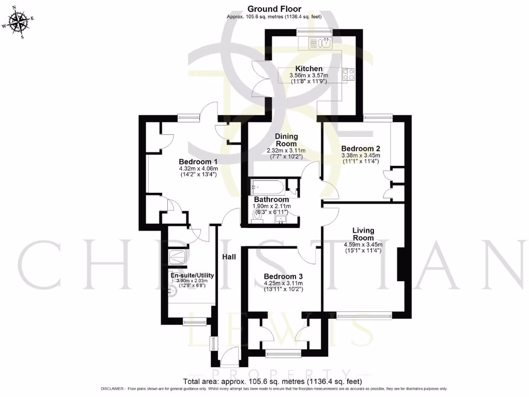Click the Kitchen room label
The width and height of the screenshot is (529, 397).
tap(309, 69)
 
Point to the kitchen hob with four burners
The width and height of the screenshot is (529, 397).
tap(348, 74)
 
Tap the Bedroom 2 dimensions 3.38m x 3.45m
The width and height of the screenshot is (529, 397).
tap(360, 155)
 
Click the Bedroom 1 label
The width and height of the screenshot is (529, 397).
tap(198, 161)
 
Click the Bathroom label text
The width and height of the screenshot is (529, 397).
tap(271, 200)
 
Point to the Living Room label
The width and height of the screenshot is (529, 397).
tap(363, 234)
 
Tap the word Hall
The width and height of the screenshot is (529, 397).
tap(229, 257)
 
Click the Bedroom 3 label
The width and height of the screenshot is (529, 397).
tap(283, 276)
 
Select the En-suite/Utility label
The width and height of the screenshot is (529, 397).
tap(192, 275)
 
